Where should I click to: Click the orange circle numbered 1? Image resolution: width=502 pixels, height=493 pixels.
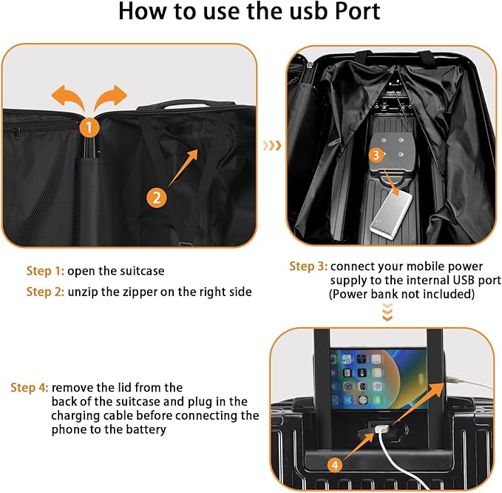(89, 127)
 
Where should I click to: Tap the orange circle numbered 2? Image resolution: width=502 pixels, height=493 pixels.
(156, 198)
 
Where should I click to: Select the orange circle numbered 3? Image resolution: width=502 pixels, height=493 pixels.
(376, 155)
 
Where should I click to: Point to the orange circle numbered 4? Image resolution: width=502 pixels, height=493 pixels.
(336, 465)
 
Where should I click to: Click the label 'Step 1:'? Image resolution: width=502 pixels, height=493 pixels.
(46, 271)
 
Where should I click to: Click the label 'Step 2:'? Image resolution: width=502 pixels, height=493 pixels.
(46, 292)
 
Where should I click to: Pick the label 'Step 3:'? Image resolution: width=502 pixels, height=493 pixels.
(308, 266)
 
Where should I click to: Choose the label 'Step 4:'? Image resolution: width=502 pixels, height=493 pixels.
(30, 388)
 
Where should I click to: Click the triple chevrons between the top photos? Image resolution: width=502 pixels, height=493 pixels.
(272, 146)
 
